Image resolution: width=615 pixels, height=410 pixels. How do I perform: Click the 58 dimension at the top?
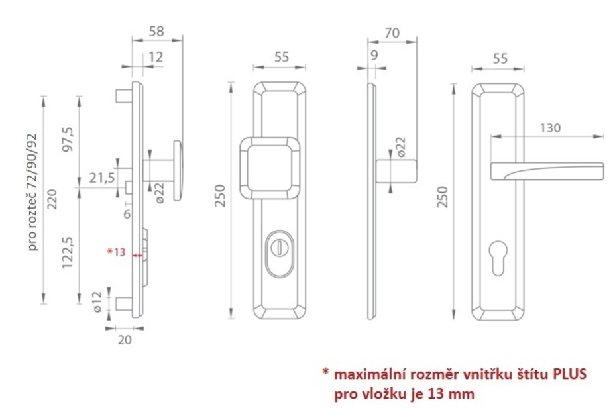tap(156, 31)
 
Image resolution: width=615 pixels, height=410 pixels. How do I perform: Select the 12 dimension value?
tap(156, 57)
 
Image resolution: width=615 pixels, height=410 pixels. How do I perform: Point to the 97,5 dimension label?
tap(68, 140)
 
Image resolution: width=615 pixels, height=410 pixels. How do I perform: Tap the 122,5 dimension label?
tap(68, 252)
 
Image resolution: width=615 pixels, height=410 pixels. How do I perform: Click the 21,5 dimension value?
tap(102, 178)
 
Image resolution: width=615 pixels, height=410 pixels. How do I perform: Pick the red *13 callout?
tap(117, 252)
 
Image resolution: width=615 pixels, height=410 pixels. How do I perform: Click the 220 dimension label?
tap(52, 199)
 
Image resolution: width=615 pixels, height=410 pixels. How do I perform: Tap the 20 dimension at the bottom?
tap(125, 340)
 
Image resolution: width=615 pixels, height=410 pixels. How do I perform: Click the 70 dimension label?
tap(392, 33)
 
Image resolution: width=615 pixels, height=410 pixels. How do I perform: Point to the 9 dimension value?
tap(374, 55)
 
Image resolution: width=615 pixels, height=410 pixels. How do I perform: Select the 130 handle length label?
tap(550, 128)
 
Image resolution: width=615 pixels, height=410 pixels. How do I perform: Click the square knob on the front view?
tap(270, 168)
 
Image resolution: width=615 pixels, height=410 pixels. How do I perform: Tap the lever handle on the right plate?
tap(547, 172)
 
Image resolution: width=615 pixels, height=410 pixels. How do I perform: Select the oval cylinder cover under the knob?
tap(279, 254)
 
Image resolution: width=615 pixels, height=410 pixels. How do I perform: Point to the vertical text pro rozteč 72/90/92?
tap(33, 193)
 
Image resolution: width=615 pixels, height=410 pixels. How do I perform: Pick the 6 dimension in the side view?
tap(127, 214)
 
